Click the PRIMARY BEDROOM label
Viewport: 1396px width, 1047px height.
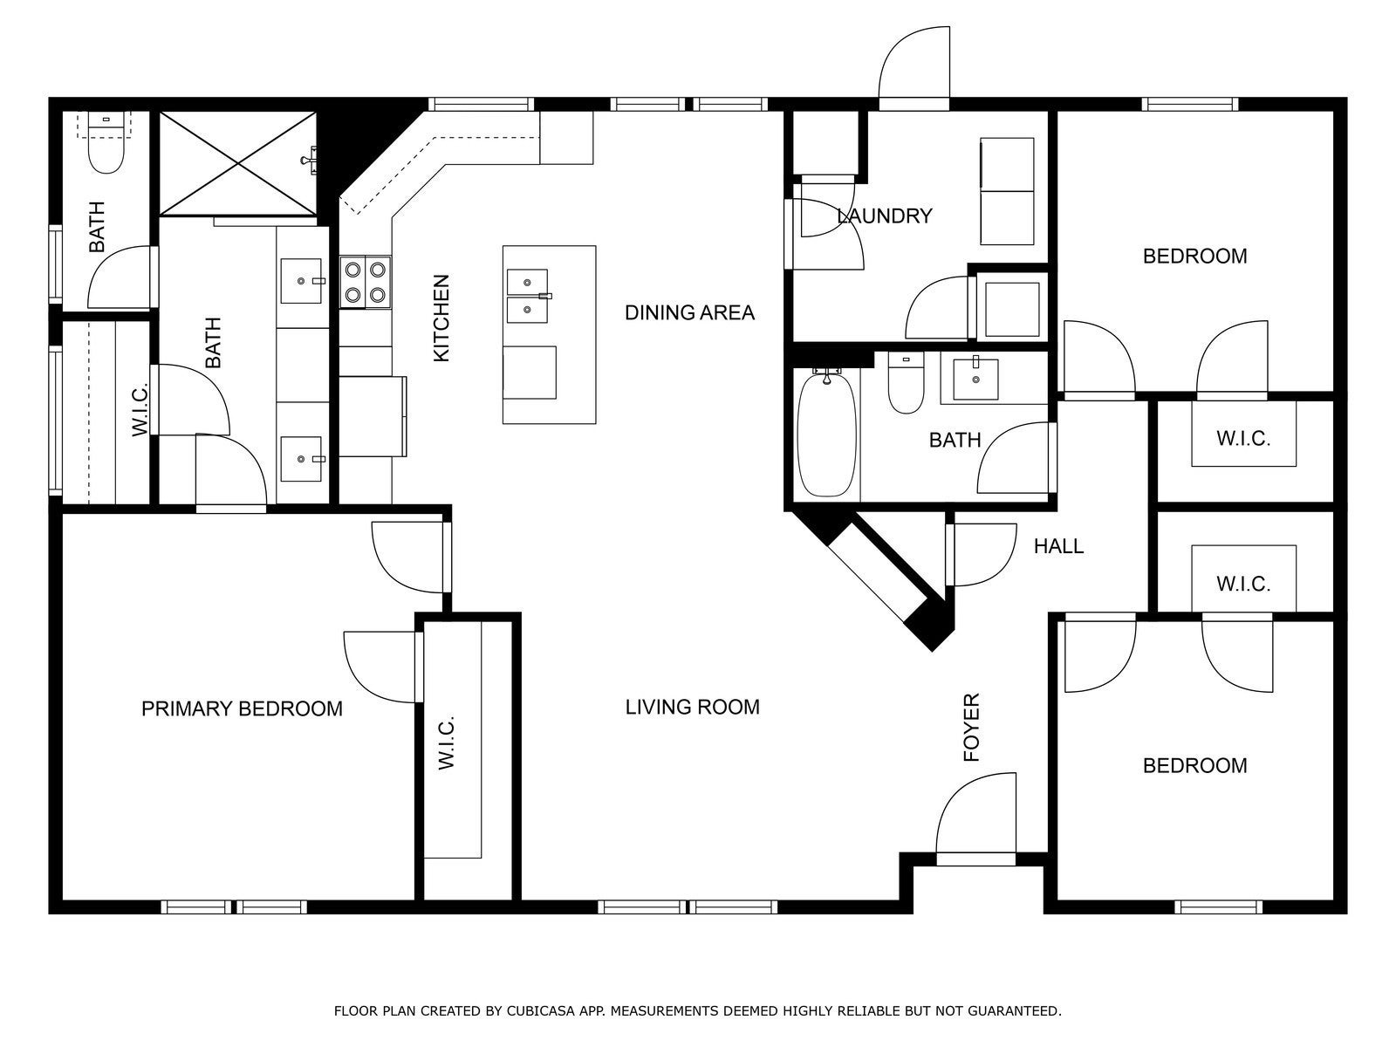pos(242,708)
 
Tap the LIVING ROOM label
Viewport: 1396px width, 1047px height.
pos(692,707)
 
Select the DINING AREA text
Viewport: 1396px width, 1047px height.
pos(689,312)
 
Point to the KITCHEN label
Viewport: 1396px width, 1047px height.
pos(441,318)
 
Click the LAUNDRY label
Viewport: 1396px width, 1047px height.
pos(885,216)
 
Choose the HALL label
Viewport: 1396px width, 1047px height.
pos(1058,546)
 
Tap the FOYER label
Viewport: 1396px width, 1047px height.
pos(971,728)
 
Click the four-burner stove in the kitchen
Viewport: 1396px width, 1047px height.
pos(365,282)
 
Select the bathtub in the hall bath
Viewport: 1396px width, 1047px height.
pos(826,435)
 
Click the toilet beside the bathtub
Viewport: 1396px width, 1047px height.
pos(906,383)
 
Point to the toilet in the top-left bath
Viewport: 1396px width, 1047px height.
pos(106,142)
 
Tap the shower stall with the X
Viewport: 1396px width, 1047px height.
pos(238,164)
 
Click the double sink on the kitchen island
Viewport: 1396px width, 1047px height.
pos(527,296)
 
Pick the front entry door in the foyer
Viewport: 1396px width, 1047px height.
pos(975,820)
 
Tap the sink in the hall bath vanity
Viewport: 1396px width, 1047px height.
pos(975,380)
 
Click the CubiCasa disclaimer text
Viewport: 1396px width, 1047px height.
pos(698,1010)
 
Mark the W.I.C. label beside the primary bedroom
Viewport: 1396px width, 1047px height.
pos(447,743)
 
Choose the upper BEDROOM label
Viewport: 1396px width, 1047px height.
pos(1194,257)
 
